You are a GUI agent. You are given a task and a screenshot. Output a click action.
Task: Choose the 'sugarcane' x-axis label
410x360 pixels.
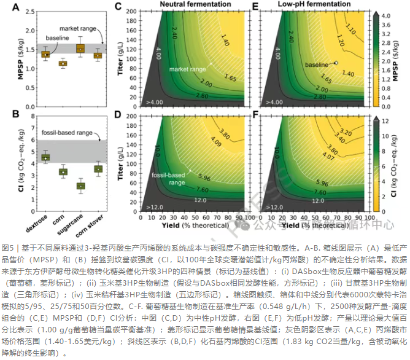tap(74, 222)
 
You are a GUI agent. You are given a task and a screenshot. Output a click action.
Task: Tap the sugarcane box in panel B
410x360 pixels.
tap(80, 186)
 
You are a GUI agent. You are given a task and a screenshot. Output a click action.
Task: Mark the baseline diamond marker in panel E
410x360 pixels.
tap(336, 63)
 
